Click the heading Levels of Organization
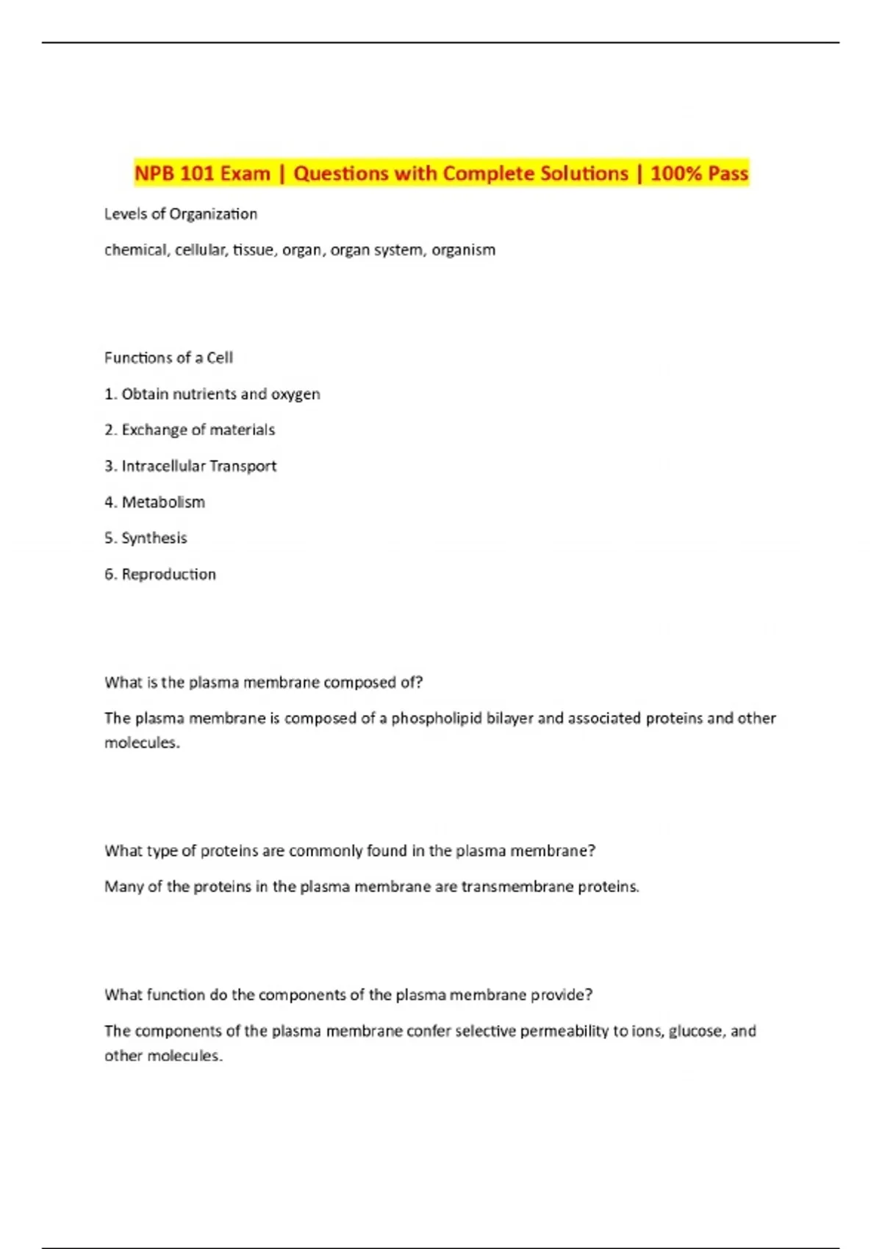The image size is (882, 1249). pyautogui.click(x=181, y=214)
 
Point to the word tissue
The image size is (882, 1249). pyautogui.click(x=250, y=250)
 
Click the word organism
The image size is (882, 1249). pyautogui.click(x=463, y=251)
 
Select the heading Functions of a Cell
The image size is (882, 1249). pyautogui.click(x=168, y=358)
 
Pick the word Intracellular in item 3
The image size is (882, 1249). pyautogui.click(x=163, y=466)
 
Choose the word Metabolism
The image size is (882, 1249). pyautogui.click(x=163, y=502)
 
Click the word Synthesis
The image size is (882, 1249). pyautogui.click(x=154, y=538)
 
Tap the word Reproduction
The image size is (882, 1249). pyautogui.click(x=169, y=574)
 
